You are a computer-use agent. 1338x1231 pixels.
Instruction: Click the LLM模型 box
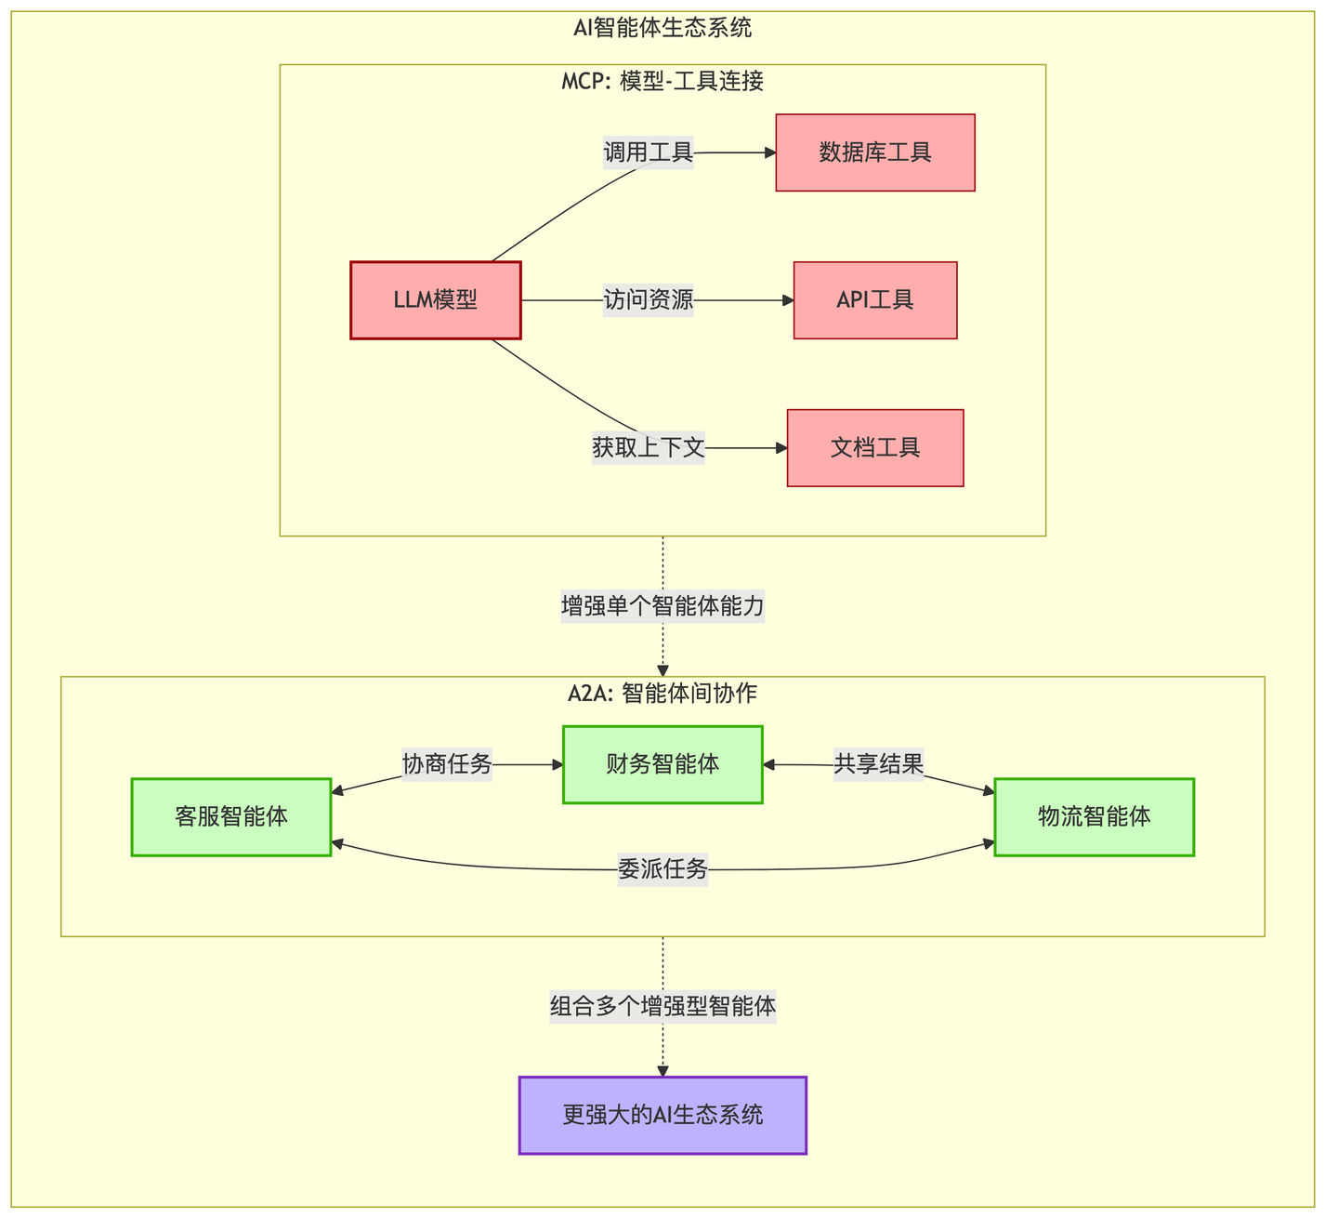pyautogui.click(x=435, y=300)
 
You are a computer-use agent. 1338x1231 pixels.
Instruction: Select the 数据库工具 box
pyautogui.click(x=875, y=152)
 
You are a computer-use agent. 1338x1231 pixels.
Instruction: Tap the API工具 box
pyautogui.click(x=875, y=300)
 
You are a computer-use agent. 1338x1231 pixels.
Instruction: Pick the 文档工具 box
pyautogui.click(x=875, y=448)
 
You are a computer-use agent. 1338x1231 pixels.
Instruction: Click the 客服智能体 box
pyautogui.click(x=231, y=817)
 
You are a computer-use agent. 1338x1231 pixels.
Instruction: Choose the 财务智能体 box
pyautogui.click(x=662, y=764)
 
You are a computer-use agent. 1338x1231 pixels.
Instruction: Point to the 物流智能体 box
pyautogui.click(x=1094, y=817)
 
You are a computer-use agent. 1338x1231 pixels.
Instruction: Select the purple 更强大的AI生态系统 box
pyautogui.click(x=662, y=1115)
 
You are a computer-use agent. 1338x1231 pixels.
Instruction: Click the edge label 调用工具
pyautogui.click(x=649, y=152)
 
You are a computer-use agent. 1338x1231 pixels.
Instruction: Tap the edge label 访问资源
pyautogui.click(x=649, y=300)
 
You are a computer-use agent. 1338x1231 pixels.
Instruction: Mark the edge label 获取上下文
pyautogui.click(x=649, y=448)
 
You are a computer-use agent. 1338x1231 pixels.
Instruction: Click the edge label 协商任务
pyautogui.click(x=447, y=764)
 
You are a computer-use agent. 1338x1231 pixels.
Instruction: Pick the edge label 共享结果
pyautogui.click(x=878, y=764)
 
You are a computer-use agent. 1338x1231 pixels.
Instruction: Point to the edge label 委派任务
pyautogui.click(x=662, y=869)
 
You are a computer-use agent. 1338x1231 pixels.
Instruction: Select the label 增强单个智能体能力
pyautogui.click(x=662, y=607)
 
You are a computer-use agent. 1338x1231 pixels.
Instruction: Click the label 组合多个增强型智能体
pyautogui.click(x=662, y=1007)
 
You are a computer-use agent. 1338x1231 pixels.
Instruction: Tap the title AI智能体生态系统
pyautogui.click(x=662, y=28)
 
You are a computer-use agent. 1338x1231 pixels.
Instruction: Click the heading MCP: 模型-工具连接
pyautogui.click(x=662, y=82)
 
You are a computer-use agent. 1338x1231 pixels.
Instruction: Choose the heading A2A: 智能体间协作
pyautogui.click(x=662, y=694)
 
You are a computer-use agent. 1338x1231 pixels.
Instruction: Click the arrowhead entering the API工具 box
pyautogui.click(x=789, y=300)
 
